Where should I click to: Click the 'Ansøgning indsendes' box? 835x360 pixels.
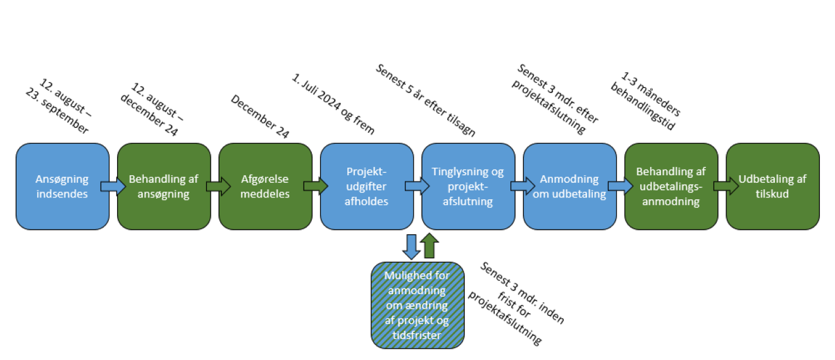point(62,186)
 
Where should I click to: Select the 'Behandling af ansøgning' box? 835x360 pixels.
point(163,186)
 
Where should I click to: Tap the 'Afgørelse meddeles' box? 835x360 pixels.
point(265,186)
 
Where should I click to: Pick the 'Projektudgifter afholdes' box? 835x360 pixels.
point(366,186)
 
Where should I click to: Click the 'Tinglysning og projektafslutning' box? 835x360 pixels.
point(468,186)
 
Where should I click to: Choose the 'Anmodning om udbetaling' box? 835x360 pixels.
point(569,186)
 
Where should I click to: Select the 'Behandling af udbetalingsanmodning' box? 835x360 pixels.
point(671,186)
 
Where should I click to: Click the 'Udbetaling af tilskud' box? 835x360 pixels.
point(772,186)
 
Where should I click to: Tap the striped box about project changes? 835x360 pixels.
point(417,305)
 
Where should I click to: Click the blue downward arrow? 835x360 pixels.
point(411,246)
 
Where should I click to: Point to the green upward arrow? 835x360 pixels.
point(430,245)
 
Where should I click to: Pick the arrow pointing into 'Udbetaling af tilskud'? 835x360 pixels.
point(722,186)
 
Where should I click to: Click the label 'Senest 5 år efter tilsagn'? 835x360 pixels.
point(425,100)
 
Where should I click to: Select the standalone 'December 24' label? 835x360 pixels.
point(260,116)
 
